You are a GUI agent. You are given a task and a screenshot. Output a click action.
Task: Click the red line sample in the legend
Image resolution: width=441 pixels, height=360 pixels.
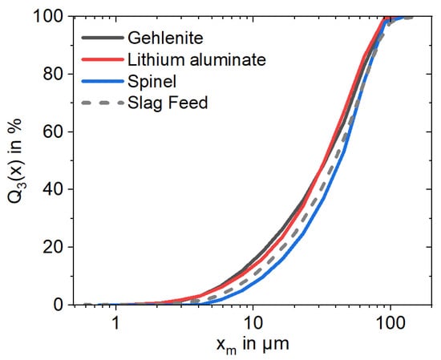[x=102, y=59]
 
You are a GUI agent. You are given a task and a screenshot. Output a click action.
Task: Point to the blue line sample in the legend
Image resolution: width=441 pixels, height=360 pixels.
[x=102, y=81]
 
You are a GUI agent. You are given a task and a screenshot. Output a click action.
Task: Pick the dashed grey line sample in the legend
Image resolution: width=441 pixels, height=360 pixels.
[x=102, y=103]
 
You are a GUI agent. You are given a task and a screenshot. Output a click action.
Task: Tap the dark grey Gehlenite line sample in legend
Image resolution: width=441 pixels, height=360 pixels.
[x=102, y=38]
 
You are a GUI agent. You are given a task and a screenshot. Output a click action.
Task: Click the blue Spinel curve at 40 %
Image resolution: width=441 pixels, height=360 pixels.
[x=330, y=189]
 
